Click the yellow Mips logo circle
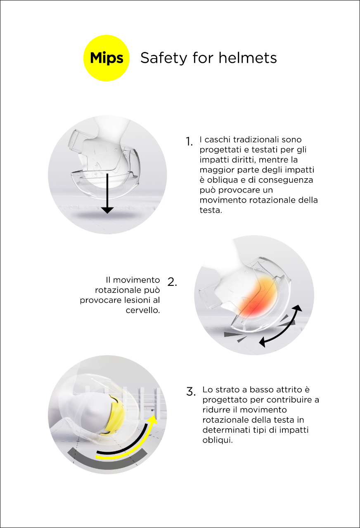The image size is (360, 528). pos(107,58)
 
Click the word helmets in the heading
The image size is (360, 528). pos(248,58)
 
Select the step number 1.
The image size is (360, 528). pos(189,141)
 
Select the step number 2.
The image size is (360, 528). pos(172,282)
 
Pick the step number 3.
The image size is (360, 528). pos(191,391)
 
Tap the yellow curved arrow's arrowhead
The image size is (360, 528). pos(153,420)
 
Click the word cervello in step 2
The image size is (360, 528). pos(143,310)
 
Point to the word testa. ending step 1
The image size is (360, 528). pos(211,210)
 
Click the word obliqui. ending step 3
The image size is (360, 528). pos(218,440)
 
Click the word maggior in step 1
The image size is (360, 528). pos(217,170)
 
